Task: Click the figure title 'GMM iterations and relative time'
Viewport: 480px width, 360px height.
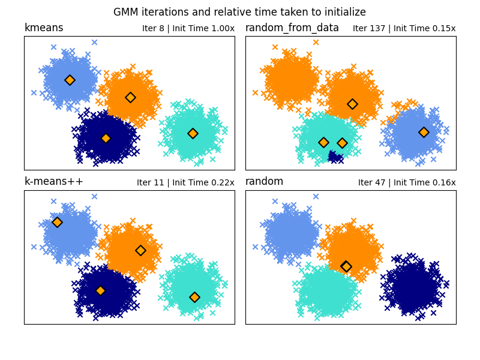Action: point(239,12)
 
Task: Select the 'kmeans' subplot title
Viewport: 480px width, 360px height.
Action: point(44,28)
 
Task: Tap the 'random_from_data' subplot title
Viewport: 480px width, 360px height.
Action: point(292,28)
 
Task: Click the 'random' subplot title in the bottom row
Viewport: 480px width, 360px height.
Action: point(265,182)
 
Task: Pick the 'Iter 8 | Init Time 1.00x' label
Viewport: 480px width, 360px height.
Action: point(188,29)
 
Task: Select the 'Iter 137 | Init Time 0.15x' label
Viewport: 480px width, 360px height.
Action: point(404,29)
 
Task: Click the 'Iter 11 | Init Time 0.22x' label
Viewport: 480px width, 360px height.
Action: point(185,183)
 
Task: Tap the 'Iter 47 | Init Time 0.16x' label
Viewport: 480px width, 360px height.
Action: point(407,183)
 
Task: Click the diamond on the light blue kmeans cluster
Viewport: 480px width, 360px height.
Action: point(70,80)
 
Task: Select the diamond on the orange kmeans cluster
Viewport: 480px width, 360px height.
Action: point(130,97)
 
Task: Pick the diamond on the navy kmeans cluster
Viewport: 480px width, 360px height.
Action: point(106,138)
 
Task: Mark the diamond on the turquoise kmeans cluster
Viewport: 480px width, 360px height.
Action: point(193,133)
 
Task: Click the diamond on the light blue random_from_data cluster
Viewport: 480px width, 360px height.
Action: point(424,132)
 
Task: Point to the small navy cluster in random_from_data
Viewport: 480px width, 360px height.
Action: point(335,157)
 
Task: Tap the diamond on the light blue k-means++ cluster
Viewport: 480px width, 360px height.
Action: point(57,222)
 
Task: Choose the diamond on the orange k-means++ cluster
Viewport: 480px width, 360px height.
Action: point(140,250)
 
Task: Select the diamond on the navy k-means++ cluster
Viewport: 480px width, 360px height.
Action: point(100,290)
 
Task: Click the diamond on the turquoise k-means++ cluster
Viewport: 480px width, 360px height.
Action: point(194,297)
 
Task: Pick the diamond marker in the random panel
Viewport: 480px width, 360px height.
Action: point(346,266)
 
